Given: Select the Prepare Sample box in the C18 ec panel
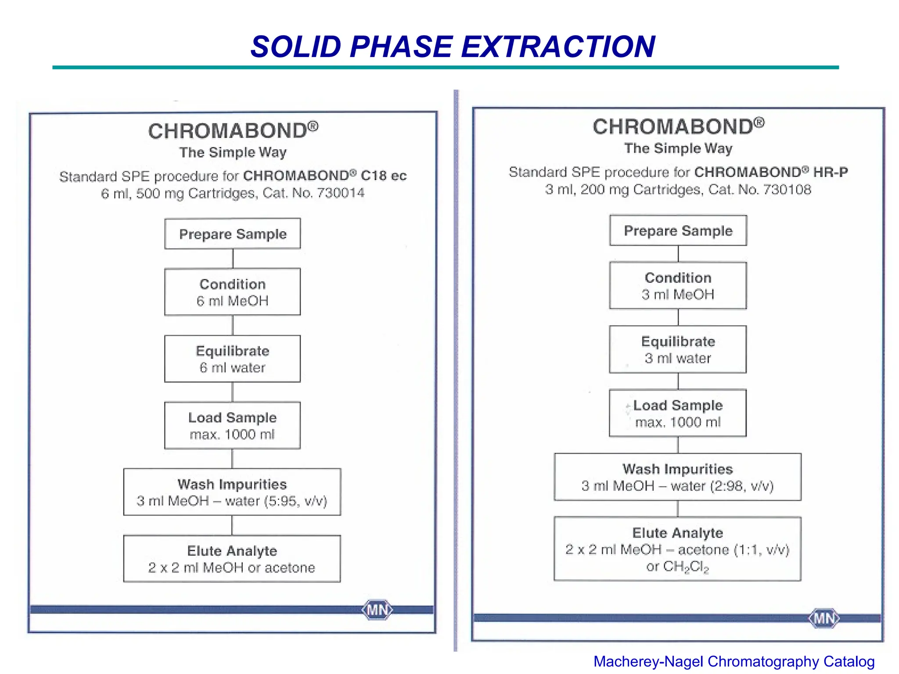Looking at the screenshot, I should coord(233,234).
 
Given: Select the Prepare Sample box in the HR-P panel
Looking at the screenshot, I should coord(678,230).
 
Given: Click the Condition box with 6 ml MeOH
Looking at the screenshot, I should coord(233,292).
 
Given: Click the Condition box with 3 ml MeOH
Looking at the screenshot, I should coord(678,286).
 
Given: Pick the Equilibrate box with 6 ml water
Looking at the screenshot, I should coord(233,359).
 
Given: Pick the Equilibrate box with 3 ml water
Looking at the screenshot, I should coord(678,349).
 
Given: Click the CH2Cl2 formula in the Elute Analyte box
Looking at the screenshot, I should coord(686,567).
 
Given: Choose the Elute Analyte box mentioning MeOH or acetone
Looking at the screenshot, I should coord(232,559).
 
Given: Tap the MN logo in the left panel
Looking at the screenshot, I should coord(377,610).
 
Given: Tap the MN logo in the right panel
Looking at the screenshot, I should coord(824,618).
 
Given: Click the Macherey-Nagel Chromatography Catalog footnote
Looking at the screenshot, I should coord(734,661).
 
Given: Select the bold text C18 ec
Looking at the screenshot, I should coord(384,176).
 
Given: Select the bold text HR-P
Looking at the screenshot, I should coord(831,172).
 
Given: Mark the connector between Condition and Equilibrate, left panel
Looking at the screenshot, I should coord(233,325).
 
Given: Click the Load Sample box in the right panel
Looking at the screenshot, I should coord(678,413).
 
